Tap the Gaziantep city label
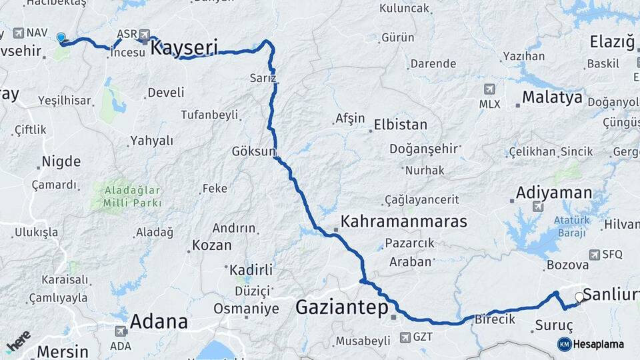pyautogui.click(x=341, y=307)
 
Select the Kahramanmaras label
pyautogui.click(x=403, y=221)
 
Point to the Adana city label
pyautogui.click(x=159, y=321)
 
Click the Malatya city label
pyautogui.click(x=552, y=97)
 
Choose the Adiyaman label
pyautogui.click(x=553, y=193)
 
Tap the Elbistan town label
pyautogui.click(x=400, y=125)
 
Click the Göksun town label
pyautogui.click(x=253, y=151)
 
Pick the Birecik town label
pyautogui.click(x=495, y=319)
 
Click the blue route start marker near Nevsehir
pyautogui.click(x=61, y=38)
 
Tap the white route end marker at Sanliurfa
pyautogui.click(x=579, y=297)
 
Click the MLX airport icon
pyautogui.click(x=489, y=89)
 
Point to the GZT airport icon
pyautogui.click(x=405, y=337)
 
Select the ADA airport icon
pyautogui.click(x=121, y=331)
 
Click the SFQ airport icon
pyautogui.click(x=595, y=254)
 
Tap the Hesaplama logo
pyautogui.click(x=591, y=344)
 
